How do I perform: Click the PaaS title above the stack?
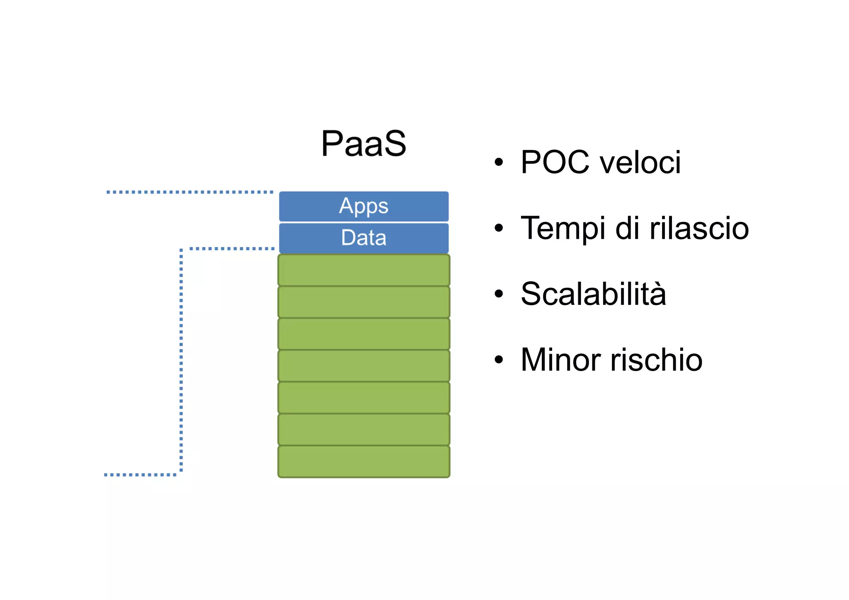[364, 143]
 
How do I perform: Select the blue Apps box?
[364, 206]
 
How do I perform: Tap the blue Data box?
[364, 238]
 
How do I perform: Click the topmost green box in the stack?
[364, 270]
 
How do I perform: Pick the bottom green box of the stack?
[364, 462]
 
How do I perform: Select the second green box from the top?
[364, 302]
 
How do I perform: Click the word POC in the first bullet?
[555, 162]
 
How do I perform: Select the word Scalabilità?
[593, 294]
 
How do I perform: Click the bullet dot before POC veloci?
[499, 162]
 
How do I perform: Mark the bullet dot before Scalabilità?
[499, 294]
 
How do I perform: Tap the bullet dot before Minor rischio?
[499, 360]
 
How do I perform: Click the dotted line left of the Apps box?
[190, 192]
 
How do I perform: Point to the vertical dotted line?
[181, 361]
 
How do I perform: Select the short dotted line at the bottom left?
[140, 474]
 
